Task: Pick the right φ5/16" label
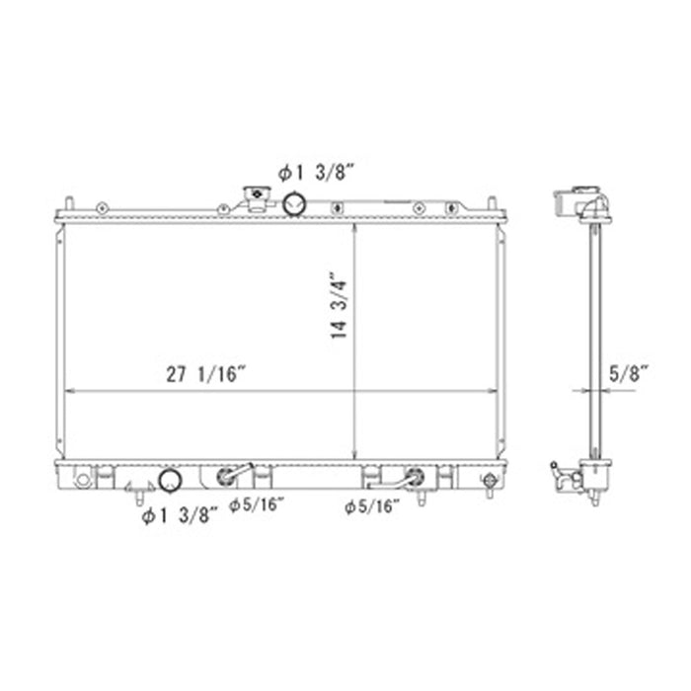pos(373,507)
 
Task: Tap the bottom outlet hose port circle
pos(170,481)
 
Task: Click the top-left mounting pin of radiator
pos(71,204)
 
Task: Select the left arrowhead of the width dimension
pos(67,392)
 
